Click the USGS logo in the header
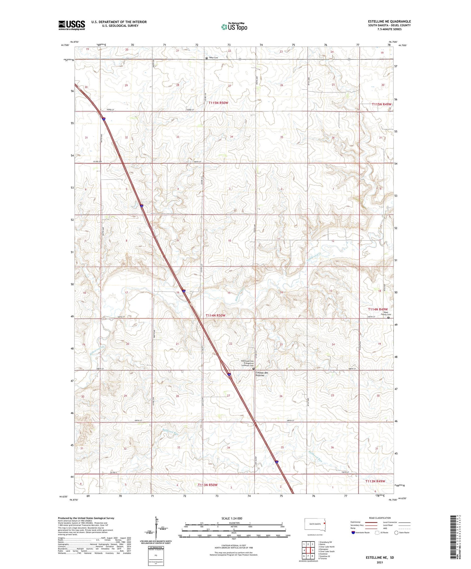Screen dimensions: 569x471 point(72,25)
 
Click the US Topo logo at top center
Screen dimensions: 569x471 point(234,27)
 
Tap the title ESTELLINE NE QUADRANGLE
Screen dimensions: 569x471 point(389,21)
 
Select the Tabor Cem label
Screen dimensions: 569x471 point(213,58)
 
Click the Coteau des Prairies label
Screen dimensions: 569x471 point(262,374)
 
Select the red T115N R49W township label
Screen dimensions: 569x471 point(382,104)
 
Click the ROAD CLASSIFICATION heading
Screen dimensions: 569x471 point(380,518)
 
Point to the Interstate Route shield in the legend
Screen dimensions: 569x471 point(353,533)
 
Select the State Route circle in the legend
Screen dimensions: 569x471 point(396,533)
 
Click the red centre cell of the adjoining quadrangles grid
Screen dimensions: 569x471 point(308,550)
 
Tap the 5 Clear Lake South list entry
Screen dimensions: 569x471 point(327,551)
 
